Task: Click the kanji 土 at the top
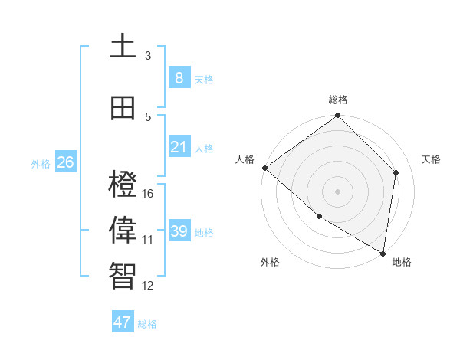point(123,46)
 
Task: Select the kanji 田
point(123,108)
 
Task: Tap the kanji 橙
point(123,185)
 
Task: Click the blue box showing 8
point(179,77)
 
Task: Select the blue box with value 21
point(179,146)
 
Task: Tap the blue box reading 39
point(179,231)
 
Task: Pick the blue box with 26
point(65,162)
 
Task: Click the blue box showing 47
point(123,322)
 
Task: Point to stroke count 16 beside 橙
point(148,193)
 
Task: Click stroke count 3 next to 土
point(148,55)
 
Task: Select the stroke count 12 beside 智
point(148,286)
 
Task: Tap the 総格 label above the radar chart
point(338,100)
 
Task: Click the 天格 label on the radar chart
point(431,159)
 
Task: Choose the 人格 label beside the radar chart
point(245,159)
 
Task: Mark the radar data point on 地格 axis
point(383,253)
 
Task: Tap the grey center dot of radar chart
point(337,191)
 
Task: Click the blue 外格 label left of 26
point(40,163)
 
